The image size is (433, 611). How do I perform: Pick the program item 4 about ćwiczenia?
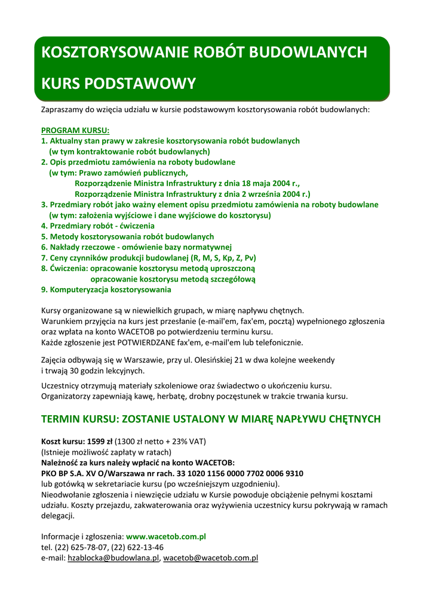click(x=97, y=226)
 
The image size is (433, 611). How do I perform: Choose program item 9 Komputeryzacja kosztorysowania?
click(x=106, y=290)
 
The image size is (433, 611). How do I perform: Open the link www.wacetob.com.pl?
click(x=166, y=537)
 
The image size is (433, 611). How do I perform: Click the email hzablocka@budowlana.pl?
click(x=113, y=558)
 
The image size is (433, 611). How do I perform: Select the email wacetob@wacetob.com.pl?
click(x=210, y=558)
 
